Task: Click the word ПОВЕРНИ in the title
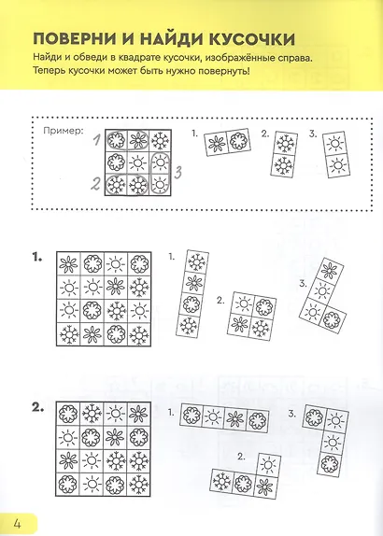coord(74,39)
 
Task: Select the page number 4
coord(17,523)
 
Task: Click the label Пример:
coord(64,131)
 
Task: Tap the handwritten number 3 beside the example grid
coord(177,172)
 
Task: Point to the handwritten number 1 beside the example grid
coord(97,140)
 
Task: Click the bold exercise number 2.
coord(38,408)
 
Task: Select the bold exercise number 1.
coord(37,258)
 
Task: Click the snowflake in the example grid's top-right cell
coord(160,140)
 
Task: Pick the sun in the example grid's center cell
coord(138,162)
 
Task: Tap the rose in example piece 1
coord(237,140)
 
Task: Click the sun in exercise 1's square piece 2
coord(243,303)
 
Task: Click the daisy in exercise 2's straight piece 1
coord(235,418)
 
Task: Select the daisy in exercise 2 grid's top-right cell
coord(139,414)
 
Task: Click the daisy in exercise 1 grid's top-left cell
coord(68,264)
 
